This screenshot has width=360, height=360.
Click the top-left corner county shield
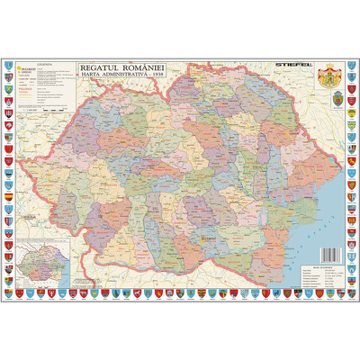pos(9,65)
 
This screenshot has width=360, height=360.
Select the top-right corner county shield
pos(351,65)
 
